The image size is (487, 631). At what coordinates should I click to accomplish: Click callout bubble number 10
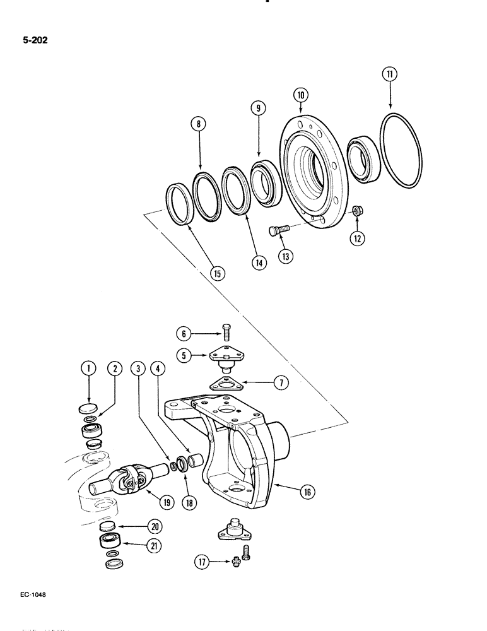301,95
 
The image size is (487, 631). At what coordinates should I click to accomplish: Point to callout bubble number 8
201,125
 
